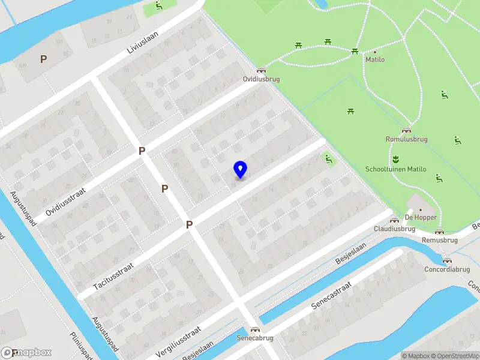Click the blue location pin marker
240,170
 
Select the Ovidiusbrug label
261,79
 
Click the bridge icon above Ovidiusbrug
261,70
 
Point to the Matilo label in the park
375,59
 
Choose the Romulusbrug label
406,139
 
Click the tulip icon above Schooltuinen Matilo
395,160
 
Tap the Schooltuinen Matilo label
395,169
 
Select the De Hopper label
421,217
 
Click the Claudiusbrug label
395,229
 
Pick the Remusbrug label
440,240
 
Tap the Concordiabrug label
447,269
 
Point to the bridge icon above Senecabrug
256,329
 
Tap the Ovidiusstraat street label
66,201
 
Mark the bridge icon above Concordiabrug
446,260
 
